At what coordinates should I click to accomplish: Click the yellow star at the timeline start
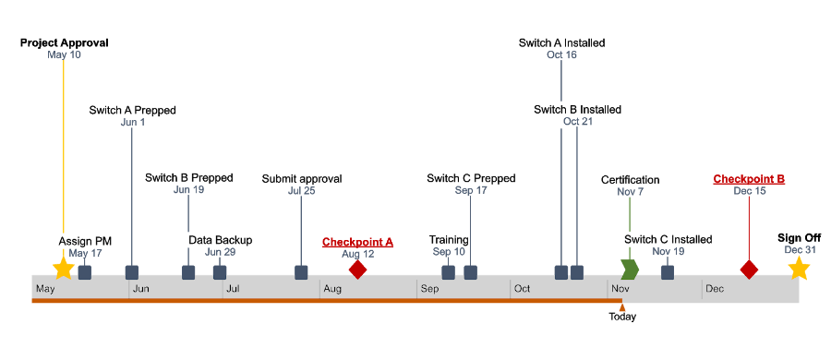click(63, 269)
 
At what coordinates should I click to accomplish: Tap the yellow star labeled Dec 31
click(799, 269)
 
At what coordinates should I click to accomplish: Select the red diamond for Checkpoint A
click(357, 270)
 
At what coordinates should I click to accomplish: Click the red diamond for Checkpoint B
click(749, 270)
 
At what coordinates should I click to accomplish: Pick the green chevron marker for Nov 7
click(630, 270)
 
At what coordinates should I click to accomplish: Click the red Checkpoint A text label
click(357, 242)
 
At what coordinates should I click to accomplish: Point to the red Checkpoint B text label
click(749, 179)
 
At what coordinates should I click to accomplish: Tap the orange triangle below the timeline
click(622, 308)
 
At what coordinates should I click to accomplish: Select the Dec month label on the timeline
click(715, 290)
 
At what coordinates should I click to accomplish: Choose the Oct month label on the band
click(523, 290)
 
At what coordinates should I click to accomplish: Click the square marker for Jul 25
click(301, 271)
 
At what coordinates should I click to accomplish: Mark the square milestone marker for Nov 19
click(668, 271)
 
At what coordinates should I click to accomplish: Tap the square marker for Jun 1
click(132, 271)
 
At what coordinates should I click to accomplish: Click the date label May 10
click(64, 55)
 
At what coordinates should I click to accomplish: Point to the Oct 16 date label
click(561, 55)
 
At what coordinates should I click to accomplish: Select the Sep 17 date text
click(471, 190)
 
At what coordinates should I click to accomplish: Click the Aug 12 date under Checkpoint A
click(357, 254)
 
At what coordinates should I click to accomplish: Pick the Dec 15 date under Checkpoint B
click(749, 191)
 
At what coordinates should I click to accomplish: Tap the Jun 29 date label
click(220, 252)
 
